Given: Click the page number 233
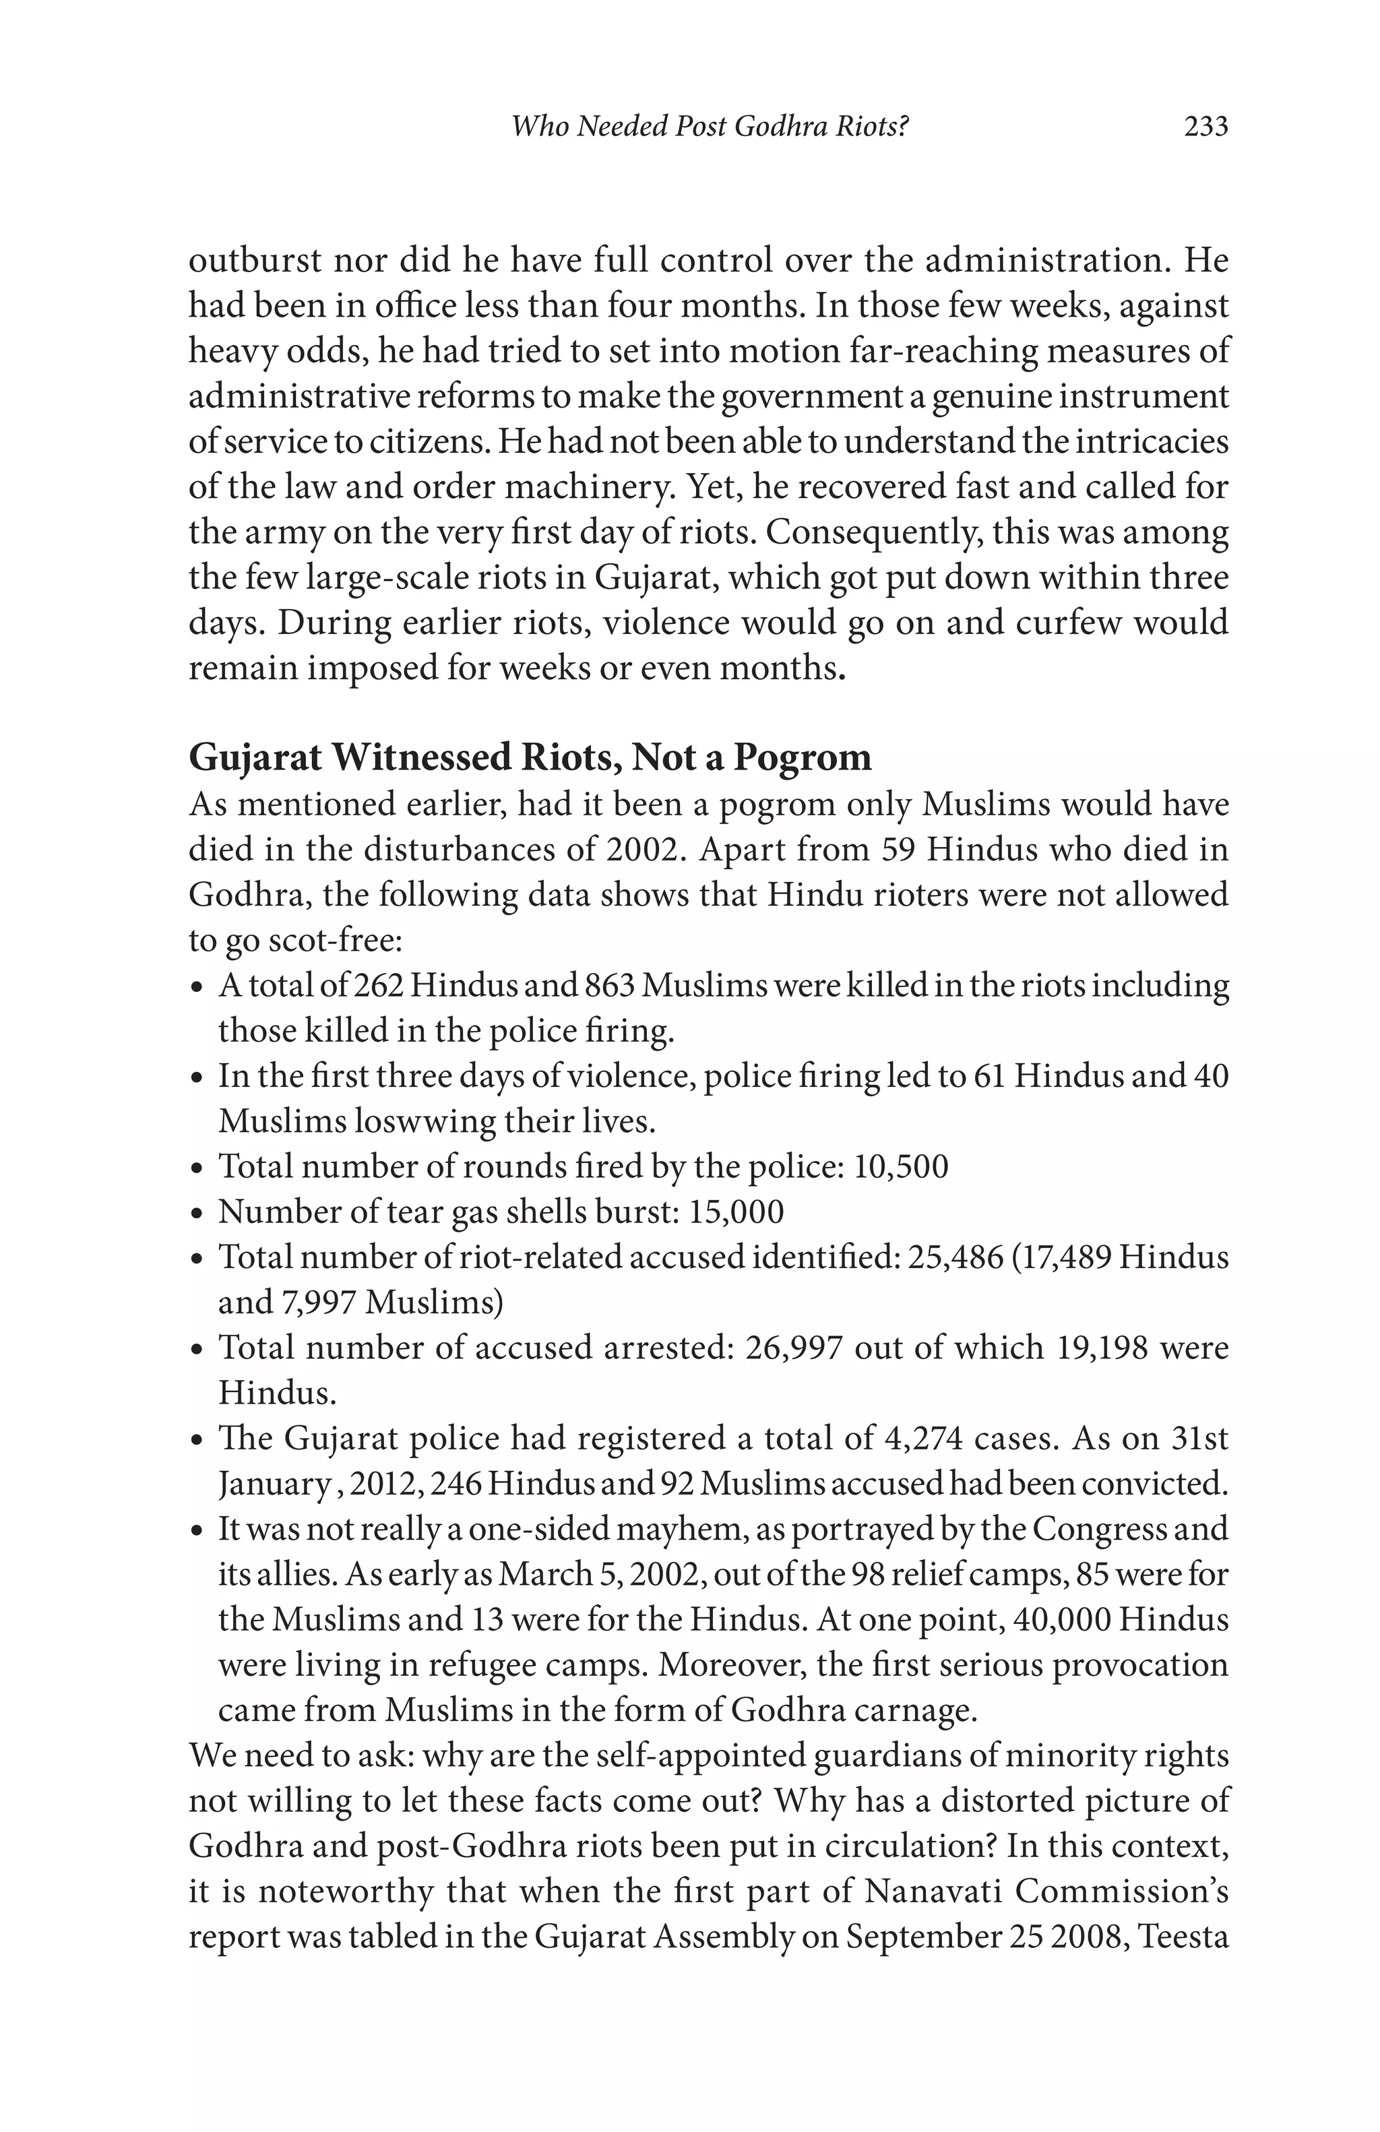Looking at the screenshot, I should click(x=1205, y=126).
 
